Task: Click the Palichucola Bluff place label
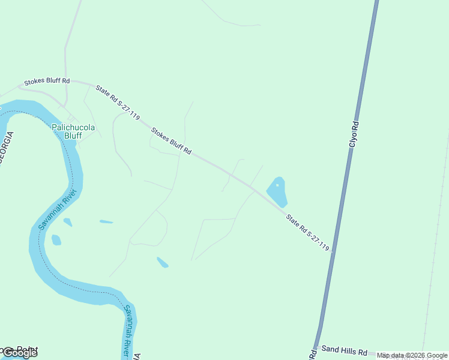(x=73, y=131)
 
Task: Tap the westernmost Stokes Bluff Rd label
(x=47, y=81)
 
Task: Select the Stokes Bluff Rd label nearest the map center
(x=171, y=141)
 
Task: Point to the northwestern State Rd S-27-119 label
(x=117, y=103)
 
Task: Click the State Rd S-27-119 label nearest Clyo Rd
(x=307, y=233)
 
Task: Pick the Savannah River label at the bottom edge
(x=128, y=332)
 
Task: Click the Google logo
(x=20, y=353)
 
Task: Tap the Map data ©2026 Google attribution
(x=412, y=355)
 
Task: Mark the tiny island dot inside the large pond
(x=277, y=185)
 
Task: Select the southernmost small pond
(x=162, y=262)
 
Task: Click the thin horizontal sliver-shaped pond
(x=106, y=222)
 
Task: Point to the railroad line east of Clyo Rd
(x=436, y=240)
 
